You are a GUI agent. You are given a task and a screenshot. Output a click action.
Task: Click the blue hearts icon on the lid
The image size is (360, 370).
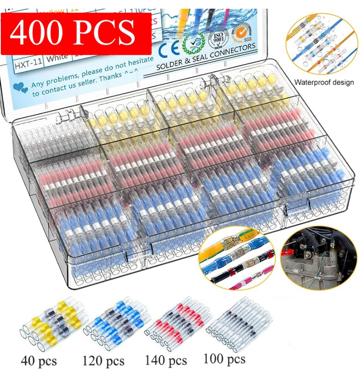click(x=18, y=87)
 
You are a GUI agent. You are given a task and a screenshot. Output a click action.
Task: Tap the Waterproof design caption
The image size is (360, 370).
click(x=324, y=83)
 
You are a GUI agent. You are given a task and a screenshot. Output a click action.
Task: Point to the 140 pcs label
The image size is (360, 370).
click(x=166, y=360)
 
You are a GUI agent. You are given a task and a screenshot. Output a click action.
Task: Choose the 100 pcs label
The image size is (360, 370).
click(x=224, y=359)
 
